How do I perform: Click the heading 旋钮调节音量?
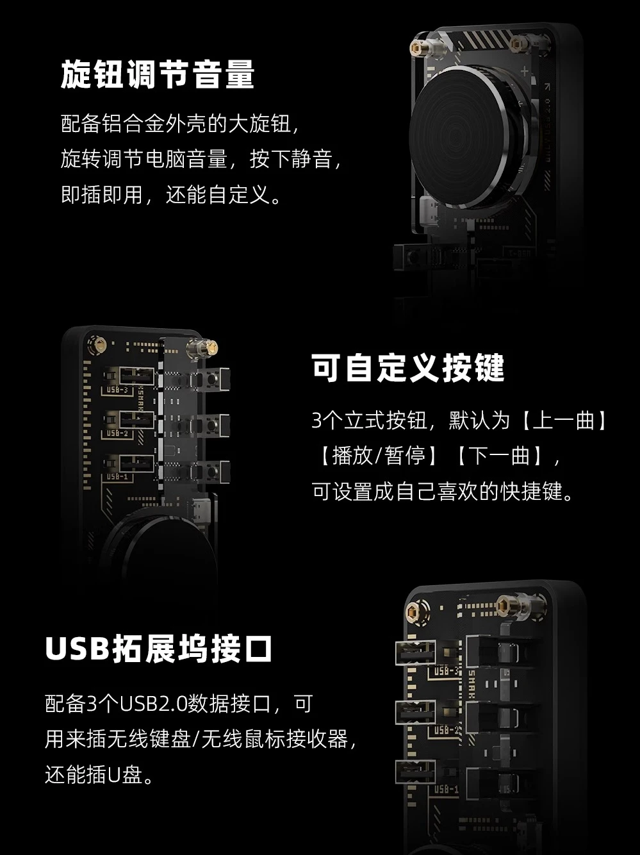(x=158, y=74)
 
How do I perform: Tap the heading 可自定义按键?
(x=408, y=368)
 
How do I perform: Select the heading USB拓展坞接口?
(x=158, y=649)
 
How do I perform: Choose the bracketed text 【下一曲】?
(x=500, y=456)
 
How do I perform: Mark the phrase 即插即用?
(x=102, y=194)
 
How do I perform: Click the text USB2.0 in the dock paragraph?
(x=153, y=704)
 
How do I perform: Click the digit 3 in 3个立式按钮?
(x=317, y=420)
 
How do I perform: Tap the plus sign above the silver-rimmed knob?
(x=525, y=71)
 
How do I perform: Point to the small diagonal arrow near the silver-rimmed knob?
(x=546, y=86)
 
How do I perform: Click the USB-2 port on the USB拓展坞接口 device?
(x=415, y=713)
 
